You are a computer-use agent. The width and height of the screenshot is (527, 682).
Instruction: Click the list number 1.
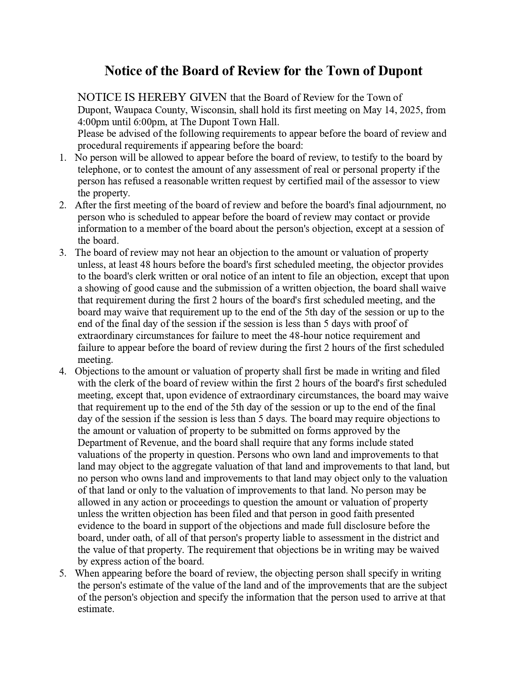[x=62, y=158]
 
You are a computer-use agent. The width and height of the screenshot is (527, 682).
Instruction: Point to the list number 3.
[x=62, y=253]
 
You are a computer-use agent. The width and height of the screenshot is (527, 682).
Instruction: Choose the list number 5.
[x=62, y=574]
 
